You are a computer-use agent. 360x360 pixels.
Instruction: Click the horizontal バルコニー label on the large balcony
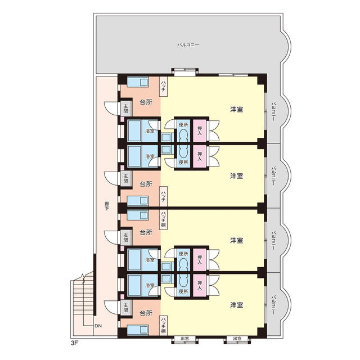click(x=188, y=45)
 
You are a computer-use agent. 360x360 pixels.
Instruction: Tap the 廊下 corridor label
click(x=107, y=206)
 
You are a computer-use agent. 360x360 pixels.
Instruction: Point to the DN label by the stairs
click(x=98, y=326)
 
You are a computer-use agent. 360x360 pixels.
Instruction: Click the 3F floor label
click(x=75, y=343)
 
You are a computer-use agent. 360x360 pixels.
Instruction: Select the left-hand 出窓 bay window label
click(x=185, y=339)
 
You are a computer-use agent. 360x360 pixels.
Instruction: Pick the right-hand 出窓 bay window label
click(x=237, y=339)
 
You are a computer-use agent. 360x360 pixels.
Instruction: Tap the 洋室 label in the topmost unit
click(x=236, y=110)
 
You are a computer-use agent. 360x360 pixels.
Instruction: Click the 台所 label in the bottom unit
click(x=146, y=313)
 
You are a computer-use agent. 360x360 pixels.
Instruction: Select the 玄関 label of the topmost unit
click(x=125, y=109)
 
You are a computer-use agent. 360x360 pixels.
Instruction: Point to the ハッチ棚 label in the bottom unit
click(x=163, y=325)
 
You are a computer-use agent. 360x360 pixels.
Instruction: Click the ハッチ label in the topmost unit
click(x=163, y=86)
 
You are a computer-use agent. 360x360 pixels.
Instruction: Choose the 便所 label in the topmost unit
click(x=183, y=125)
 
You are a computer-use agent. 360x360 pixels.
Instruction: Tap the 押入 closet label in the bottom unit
click(x=200, y=285)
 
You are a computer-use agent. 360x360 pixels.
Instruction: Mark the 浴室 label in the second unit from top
click(x=150, y=156)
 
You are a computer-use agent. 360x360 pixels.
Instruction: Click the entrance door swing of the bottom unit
click(x=111, y=307)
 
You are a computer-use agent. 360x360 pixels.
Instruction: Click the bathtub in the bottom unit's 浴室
click(x=134, y=285)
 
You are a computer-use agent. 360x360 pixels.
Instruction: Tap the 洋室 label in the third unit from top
click(x=236, y=240)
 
